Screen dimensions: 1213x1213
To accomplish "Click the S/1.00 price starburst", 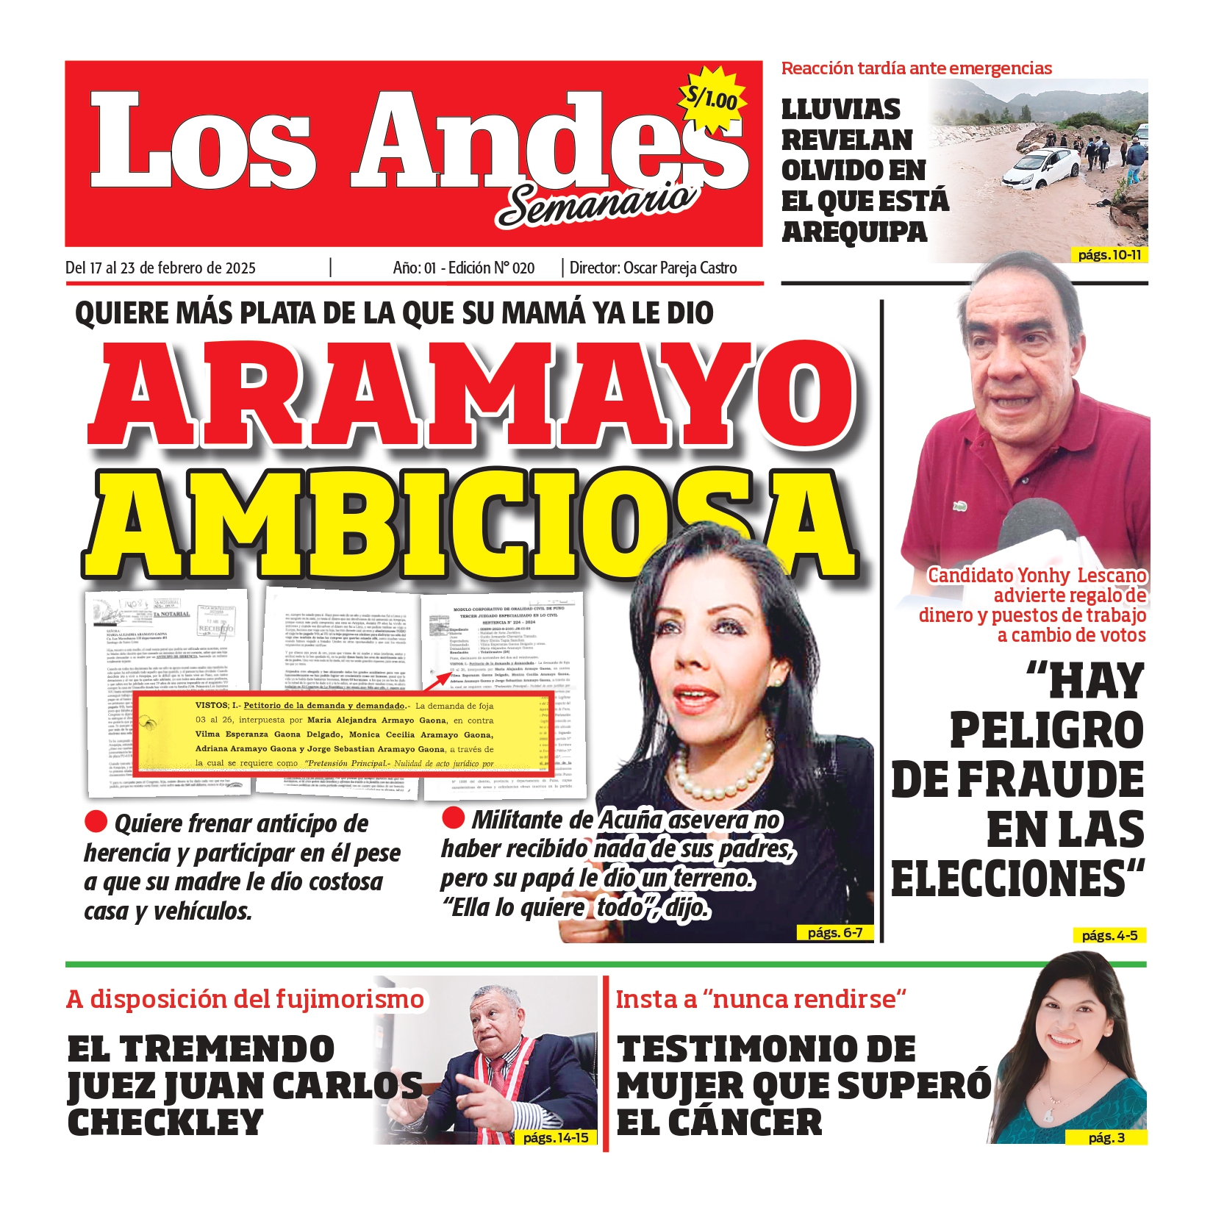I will click(x=711, y=98).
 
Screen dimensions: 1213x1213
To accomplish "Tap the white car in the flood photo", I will click(x=1042, y=168).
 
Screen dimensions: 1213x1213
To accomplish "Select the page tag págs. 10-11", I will click(x=1109, y=255).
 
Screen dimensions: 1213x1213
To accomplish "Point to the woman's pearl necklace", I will click(x=724, y=771).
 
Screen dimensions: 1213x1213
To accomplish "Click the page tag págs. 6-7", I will click(x=834, y=933).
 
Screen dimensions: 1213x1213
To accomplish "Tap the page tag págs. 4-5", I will click(x=1109, y=936).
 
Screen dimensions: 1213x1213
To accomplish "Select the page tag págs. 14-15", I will click(x=556, y=1137).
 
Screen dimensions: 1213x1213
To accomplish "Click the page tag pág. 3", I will click(x=1106, y=1137).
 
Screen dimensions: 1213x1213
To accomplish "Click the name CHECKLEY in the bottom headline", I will click(x=165, y=1123).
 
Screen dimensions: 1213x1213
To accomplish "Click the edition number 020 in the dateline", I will click(x=523, y=268).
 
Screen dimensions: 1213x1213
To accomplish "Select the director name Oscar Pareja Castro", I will click(x=680, y=268).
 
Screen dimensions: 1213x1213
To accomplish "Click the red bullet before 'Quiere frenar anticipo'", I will click(x=96, y=820).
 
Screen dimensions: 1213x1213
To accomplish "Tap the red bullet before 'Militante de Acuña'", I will click(x=454, y=817).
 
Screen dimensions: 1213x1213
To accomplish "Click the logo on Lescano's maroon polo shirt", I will click(x=959, y=507).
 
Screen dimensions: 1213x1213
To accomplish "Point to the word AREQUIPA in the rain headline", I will click(x=854, y=232).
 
